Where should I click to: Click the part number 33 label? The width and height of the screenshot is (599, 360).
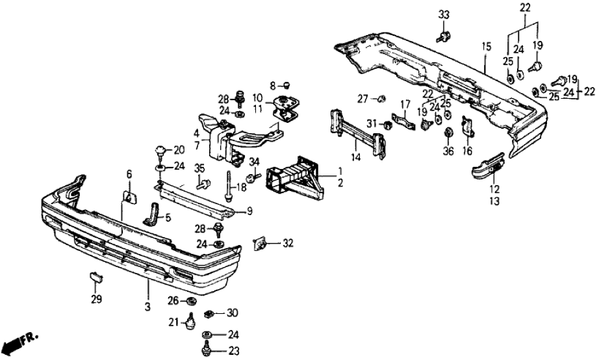click(x=443, y=15)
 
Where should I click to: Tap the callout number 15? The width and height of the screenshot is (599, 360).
click(x=486, y=47)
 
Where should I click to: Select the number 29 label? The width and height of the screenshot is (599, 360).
click(x=97, y=300)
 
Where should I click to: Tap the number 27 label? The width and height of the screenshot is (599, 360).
click(x=362, y=99)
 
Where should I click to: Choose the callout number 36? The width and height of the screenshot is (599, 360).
click(x=448, y=152)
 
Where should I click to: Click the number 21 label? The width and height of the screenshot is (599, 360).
click(x=174, y=322)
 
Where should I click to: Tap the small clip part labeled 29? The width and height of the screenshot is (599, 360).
click(x=96, y=279)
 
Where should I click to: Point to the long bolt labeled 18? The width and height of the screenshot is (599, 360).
click(x=229, y=185)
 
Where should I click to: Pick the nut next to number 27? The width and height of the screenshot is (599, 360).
click(x=382, y=99)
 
